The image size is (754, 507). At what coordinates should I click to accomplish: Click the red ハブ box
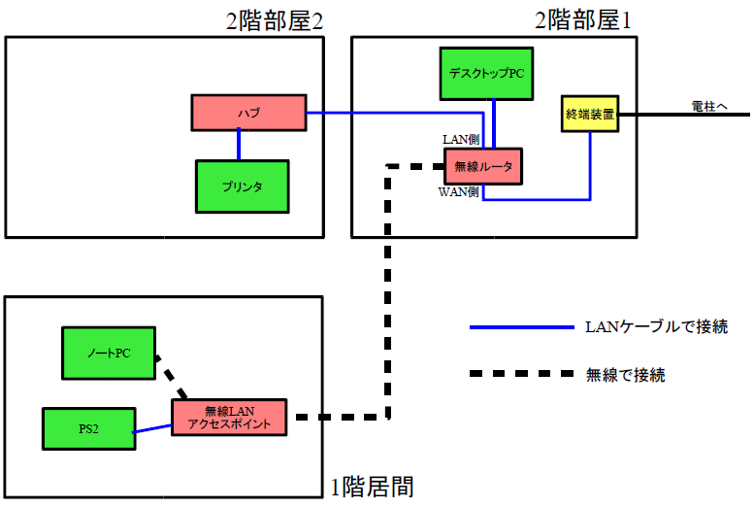(x=248, y=113)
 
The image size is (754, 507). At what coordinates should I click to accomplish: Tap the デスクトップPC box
(x=486, y=73)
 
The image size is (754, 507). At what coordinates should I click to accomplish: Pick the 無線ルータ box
(x=483, y=167)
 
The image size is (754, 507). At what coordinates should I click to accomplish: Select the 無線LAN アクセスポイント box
(x=230, y=418)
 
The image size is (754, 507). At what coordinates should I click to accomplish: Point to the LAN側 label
(x=460, y=141)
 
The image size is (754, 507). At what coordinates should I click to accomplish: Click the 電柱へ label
(x=711, y=106)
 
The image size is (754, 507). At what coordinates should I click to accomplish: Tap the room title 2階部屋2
(x=274, y=21)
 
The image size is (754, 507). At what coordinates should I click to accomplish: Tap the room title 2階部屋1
(x=582, y=21)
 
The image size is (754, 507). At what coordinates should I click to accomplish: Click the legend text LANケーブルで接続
(x=656, y=327)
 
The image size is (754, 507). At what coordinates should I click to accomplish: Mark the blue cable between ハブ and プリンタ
(x=239, y=143)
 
